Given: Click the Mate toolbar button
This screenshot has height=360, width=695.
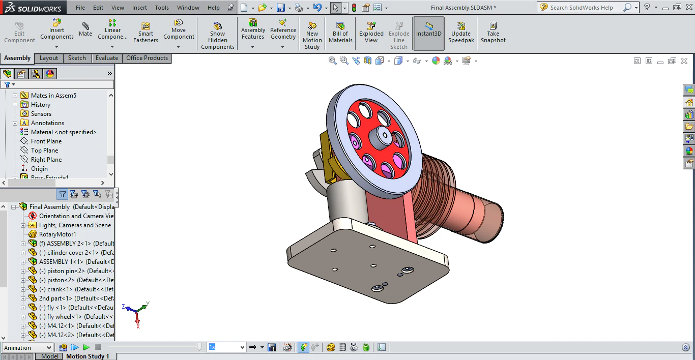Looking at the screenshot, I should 85,29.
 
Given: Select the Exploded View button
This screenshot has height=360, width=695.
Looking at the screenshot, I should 371,33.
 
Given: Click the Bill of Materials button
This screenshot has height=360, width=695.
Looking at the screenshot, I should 340,33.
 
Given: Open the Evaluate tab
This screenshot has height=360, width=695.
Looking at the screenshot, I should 107,58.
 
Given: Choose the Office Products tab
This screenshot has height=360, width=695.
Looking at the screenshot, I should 147,58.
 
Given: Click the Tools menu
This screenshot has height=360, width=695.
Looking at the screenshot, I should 162,8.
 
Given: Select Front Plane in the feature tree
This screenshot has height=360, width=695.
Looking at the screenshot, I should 46,141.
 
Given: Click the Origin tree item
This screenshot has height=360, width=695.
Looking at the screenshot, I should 39,169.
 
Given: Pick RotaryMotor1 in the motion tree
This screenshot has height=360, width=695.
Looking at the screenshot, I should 57,234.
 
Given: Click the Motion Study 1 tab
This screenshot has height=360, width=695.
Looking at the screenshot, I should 88,356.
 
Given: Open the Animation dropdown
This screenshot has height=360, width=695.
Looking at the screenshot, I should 27,348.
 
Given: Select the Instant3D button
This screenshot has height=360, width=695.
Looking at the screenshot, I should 429,33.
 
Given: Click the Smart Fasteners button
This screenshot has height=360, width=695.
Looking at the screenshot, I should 146,33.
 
